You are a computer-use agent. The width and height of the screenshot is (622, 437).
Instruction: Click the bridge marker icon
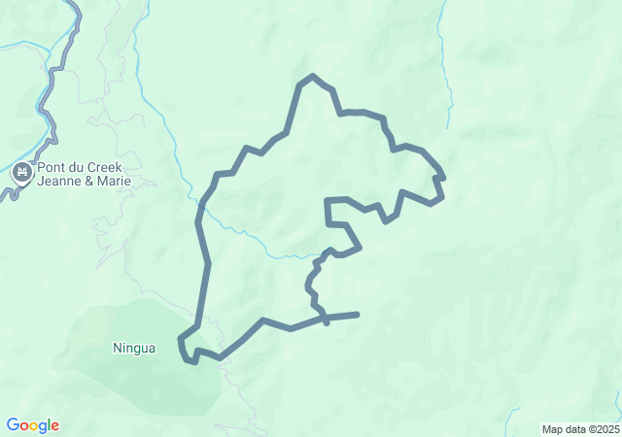[x=21, y=173]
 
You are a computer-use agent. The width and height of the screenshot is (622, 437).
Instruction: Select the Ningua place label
[x=134, y=348]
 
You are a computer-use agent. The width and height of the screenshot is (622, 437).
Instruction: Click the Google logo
[x=32, y=425]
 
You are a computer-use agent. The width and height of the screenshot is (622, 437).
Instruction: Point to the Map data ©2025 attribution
[x=579, y=429]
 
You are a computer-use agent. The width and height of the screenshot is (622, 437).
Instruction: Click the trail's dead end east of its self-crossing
[x=358, y=314]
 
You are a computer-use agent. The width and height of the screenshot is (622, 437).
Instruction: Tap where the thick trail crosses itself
[x=325, y=317]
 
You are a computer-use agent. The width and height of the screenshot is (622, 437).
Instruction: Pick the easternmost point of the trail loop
[x=443, y=179]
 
